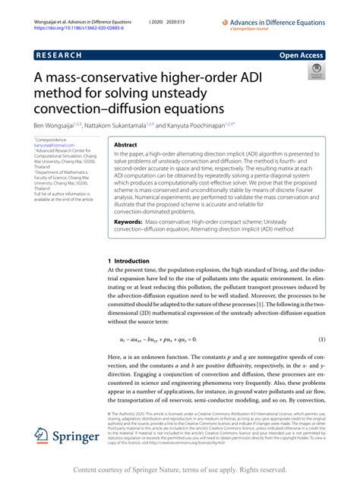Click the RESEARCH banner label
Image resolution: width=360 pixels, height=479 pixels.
coord(62,55)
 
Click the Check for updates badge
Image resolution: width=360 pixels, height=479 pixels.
coord(317,73)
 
